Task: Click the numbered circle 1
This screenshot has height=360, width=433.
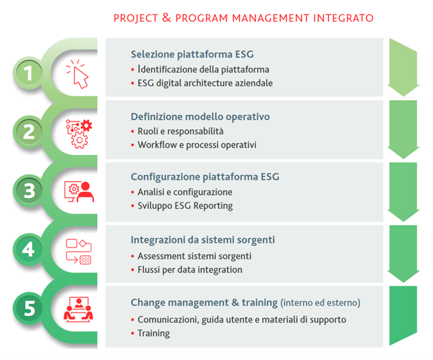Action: pyautogui.click(x=28, y=73)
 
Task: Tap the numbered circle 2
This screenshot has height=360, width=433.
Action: pyautogui.click(x=28, y=132)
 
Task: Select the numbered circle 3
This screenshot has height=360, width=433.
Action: pyautogui.click(x=28, y=191)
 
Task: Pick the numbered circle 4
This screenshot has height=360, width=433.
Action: pyautogui.click(x=28, y=250)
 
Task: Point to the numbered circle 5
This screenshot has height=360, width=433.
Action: pyautogui.click(x=28, y=308)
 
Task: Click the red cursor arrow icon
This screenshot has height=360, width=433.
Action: pyautogui.click(x=77, y=73)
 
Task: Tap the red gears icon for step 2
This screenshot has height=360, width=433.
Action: pyautogui.click(x=79, y=134)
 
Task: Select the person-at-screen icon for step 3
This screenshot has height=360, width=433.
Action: pyautogui.click(x=79, y=192)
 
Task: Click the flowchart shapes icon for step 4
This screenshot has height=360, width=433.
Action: pyautogui.click(x=79, y=251)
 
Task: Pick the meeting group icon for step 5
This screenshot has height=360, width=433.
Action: pyautogui.click(x=78, y=309)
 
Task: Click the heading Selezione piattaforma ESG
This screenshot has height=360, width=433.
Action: pyautogui.click(x=192, y=54)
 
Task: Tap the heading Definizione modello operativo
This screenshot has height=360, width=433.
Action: pyautogui.click(x=200, y=117)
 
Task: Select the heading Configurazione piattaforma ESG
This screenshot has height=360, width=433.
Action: pyautogui.click(x=205, y=177)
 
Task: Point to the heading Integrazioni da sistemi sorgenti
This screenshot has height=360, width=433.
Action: pyautogui.click(x=202, y=240)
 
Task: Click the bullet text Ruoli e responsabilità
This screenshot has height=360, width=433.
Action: pyautogui.click(x=180, y=131)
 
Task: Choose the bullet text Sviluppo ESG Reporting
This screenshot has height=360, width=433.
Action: pyautogui.click(x=185, y=206)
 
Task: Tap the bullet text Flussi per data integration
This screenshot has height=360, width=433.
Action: pyautogui.click(x=190, y=269)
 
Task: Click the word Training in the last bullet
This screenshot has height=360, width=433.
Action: pyautogui.click(x=154, y=333)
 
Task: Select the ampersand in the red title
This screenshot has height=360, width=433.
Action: pyautogui.click(x=167, y=17)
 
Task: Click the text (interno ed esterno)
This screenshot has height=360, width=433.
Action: pyautogui.click(x=320, y=303)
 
